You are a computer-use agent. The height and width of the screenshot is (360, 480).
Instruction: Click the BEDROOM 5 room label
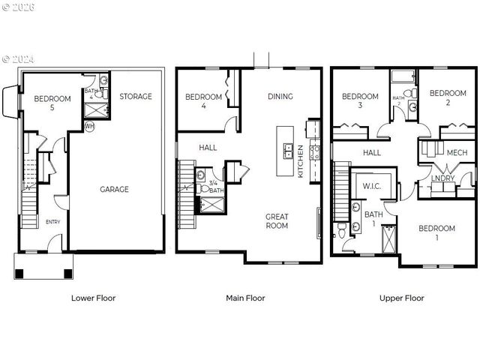click(52, 103)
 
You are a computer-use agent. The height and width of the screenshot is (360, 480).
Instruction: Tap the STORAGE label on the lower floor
click(135, 96)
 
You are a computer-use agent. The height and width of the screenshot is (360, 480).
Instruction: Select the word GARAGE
click(114, 190)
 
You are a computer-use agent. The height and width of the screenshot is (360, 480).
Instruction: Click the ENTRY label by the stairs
click(53, 221)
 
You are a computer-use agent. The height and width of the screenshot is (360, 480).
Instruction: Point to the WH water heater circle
click(89, 126)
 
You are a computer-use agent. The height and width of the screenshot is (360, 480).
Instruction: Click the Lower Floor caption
click(93, 298)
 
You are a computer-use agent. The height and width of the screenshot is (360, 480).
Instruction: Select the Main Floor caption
click(245, 298)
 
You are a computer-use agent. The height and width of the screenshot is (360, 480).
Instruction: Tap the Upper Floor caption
click(401, 298)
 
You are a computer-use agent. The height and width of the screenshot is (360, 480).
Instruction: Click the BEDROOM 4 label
click(204, 101)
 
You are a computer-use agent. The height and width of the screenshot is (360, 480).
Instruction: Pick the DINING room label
click(280, 96)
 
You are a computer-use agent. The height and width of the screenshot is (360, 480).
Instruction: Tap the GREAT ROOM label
click(277, 221)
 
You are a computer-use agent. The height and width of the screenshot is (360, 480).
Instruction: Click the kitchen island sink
click(287, 151)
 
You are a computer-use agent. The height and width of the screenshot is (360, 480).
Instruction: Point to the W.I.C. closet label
click(373, 185)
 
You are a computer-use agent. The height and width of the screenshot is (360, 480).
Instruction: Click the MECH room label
click(457, 152)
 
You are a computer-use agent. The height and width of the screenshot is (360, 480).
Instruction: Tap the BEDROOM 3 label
click(360, 100)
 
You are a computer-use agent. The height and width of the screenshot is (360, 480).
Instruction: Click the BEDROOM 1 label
click(436, 232)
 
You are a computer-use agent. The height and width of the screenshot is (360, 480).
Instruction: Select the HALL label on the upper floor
click(372, 152)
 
